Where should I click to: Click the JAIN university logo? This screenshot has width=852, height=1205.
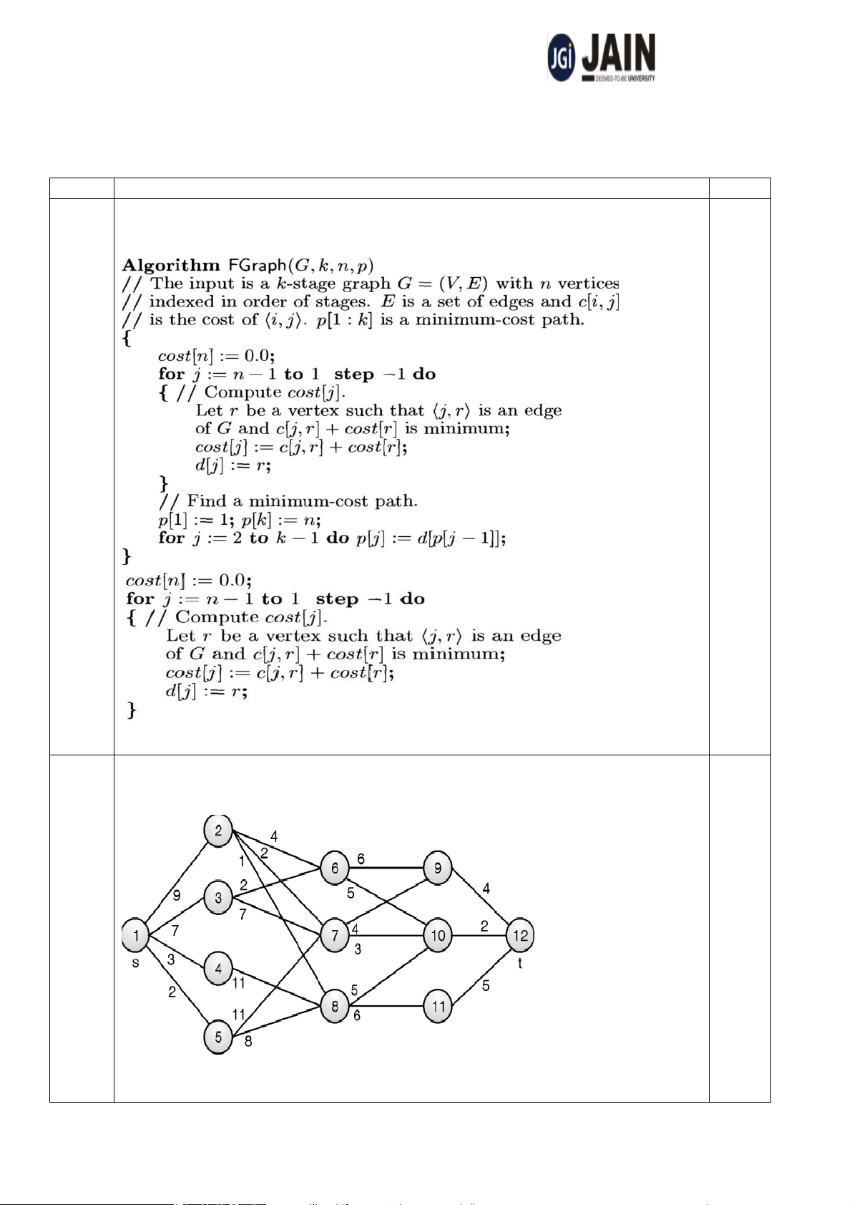(x=602, y=57)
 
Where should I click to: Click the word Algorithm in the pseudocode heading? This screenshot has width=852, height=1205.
(x=171, y=266)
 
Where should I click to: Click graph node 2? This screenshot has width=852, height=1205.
(x=218, y=831)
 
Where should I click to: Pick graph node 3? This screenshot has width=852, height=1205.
(x=218, y=898)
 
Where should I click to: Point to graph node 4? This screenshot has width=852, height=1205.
(x=218, y=969)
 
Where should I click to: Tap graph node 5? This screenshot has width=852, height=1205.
(x=218, y=1037)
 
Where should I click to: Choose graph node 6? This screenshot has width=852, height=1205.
(x=334, y=868)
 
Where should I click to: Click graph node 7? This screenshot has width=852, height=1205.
(x=334, y=935)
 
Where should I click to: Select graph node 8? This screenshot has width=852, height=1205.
(x=334, y=1006)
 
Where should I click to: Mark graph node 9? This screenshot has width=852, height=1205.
(x=438, y=868)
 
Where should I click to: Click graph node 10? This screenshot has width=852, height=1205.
(x=438, y=935)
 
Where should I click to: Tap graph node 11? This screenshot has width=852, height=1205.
(x=438, y=1006)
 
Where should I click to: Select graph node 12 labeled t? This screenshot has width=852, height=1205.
(x=520, y=935)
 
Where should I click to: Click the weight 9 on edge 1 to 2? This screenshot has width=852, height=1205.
(x=177, y=895)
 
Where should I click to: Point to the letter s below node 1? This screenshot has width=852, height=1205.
(x=135, y=963)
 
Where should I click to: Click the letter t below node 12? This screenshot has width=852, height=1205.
(x=520, y=964)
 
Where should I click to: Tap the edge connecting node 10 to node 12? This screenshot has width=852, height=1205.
(x=479, y=935)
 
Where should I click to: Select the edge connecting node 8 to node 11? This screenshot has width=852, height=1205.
(x=386, y=1006)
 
